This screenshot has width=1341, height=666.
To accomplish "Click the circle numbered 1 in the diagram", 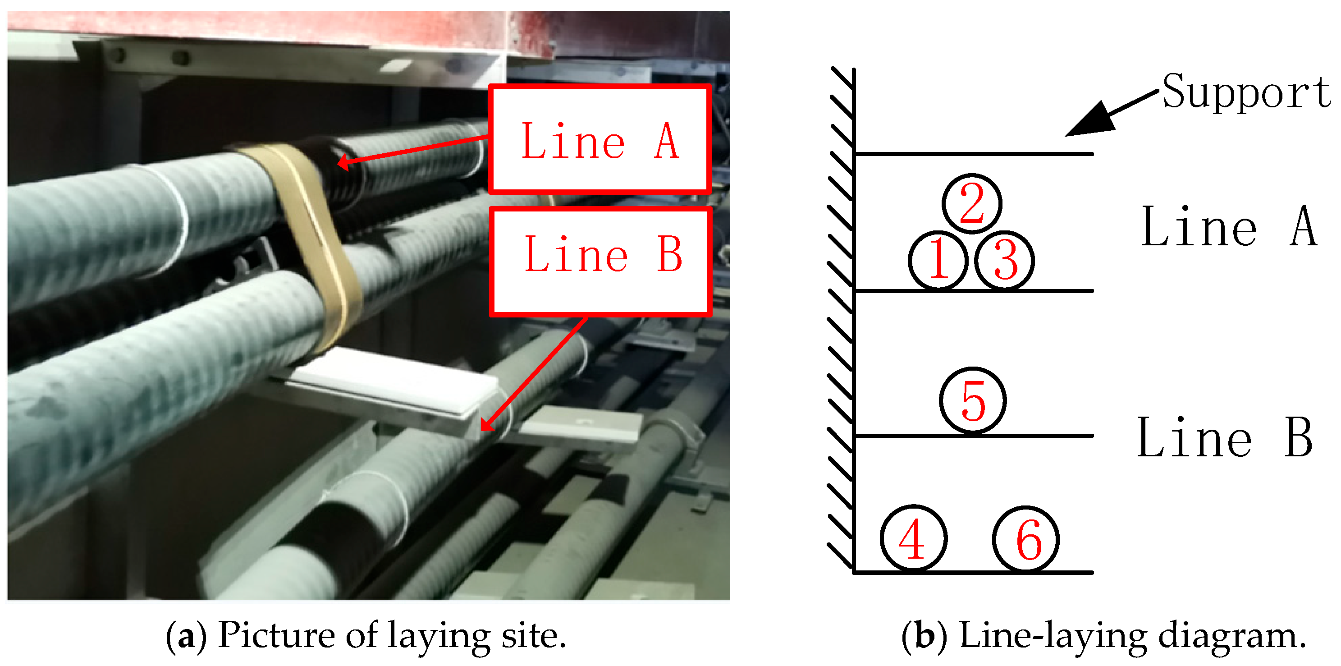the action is pyautogui.click(x=938, y=260).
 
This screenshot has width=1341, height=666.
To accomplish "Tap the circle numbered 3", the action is pyautogui.click(x=1004, y=260).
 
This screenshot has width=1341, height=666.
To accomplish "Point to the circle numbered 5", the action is pyautogui.click(x=972, y=400).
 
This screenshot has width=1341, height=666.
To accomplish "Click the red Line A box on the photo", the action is pyautogui.click(x=600, y=139).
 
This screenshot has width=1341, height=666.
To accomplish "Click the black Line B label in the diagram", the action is pyautogui.click(x=1224, y=437).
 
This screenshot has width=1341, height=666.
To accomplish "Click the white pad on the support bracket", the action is pyautogui.click(x=396, y=380).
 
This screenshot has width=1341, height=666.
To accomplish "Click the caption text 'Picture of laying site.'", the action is pyautogui.click(x=391, y=635).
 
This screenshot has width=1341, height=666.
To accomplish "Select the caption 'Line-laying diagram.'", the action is pyautogui.click(x=1132, y=635).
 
